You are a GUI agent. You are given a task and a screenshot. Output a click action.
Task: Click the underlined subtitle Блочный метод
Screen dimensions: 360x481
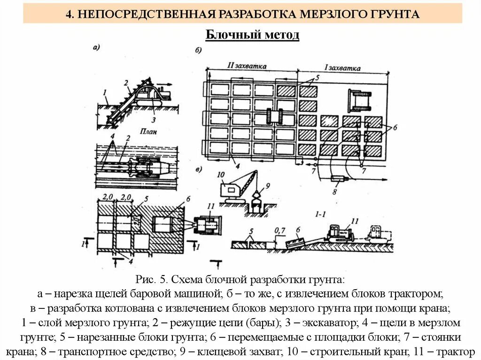252,35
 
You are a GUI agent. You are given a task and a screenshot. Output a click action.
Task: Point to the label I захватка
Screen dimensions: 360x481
344,68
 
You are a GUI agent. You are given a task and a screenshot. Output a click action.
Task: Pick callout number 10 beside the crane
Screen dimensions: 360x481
221,175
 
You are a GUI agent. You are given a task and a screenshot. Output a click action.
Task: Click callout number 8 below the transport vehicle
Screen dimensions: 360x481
334,191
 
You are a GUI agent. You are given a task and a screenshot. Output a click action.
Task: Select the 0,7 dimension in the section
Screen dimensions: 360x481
280,230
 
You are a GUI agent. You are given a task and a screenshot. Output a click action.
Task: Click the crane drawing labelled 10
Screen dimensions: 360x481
238,188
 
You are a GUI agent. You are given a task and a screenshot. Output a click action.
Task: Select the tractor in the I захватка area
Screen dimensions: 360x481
360,100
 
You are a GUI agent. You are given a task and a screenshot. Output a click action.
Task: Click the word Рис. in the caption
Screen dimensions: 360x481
145,280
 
